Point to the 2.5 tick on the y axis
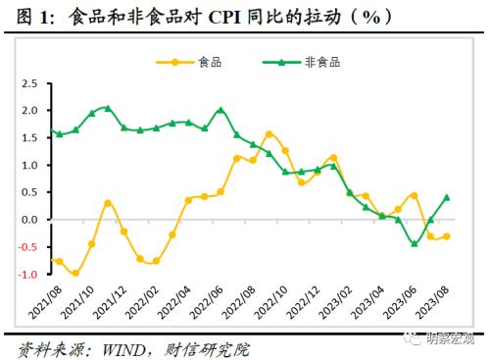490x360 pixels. (28, 83)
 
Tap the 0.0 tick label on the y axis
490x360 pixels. (28, 220)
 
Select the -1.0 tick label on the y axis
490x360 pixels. (27, 275)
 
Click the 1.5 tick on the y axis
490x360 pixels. (28, 138)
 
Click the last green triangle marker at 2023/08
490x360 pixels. (447, 197)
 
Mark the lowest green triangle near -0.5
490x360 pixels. (415, 243)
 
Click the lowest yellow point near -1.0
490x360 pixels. (75, 274)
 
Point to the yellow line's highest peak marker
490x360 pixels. (269, 134)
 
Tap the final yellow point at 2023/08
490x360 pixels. (447, 236)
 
